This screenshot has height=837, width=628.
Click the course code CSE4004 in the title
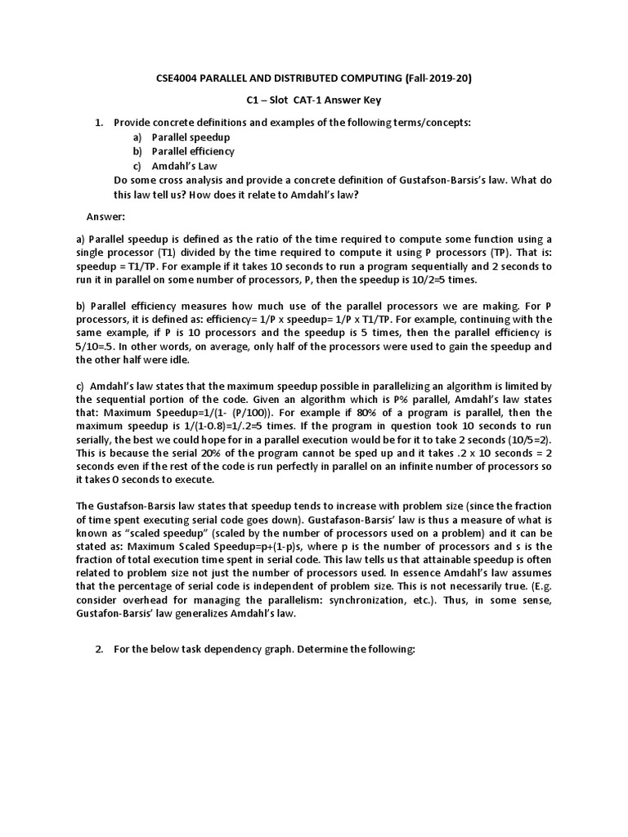(179, 78)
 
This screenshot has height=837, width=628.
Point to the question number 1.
(99, 123)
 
